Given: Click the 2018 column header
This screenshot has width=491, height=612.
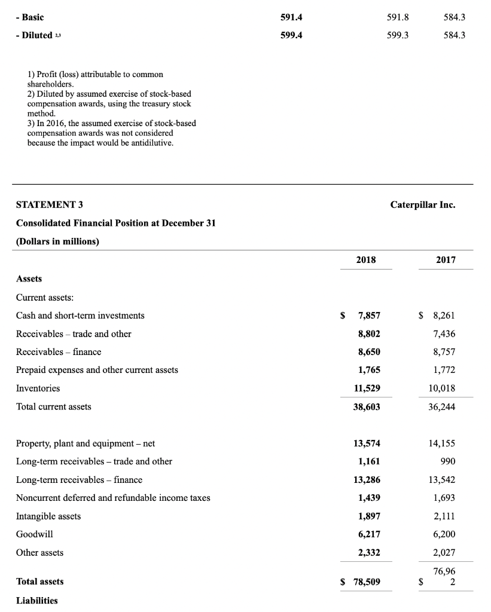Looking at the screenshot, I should [x=366, y=260].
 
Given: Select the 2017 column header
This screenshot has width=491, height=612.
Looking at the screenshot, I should [x=446, y=260].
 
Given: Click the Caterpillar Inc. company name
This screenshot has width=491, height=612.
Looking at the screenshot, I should [x=422, y=204].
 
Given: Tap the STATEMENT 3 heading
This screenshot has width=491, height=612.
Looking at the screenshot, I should [x=49, y=204].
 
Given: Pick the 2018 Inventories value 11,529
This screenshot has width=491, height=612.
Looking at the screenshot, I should [x=367, y=388].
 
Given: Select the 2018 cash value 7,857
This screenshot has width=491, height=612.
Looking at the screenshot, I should [x=369, y=315].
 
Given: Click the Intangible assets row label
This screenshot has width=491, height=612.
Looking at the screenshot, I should [x=48, y=516].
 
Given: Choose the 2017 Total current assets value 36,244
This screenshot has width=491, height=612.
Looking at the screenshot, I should [x=443, y=406].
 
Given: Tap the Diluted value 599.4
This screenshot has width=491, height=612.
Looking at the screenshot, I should [x=291, y=35].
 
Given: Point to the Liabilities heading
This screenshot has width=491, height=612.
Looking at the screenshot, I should [x=36, y=600].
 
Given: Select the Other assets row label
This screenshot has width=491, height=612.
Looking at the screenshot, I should [x=39, y=552].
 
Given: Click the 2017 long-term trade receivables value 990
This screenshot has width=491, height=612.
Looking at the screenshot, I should [x=447, y=461].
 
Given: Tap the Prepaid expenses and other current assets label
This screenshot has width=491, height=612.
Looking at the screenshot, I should [x=97, y=369].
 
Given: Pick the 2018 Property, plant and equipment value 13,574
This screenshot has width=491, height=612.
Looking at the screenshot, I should [x=367, y=443].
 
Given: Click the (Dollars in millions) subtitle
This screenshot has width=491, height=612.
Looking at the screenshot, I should [x=57, y=241].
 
